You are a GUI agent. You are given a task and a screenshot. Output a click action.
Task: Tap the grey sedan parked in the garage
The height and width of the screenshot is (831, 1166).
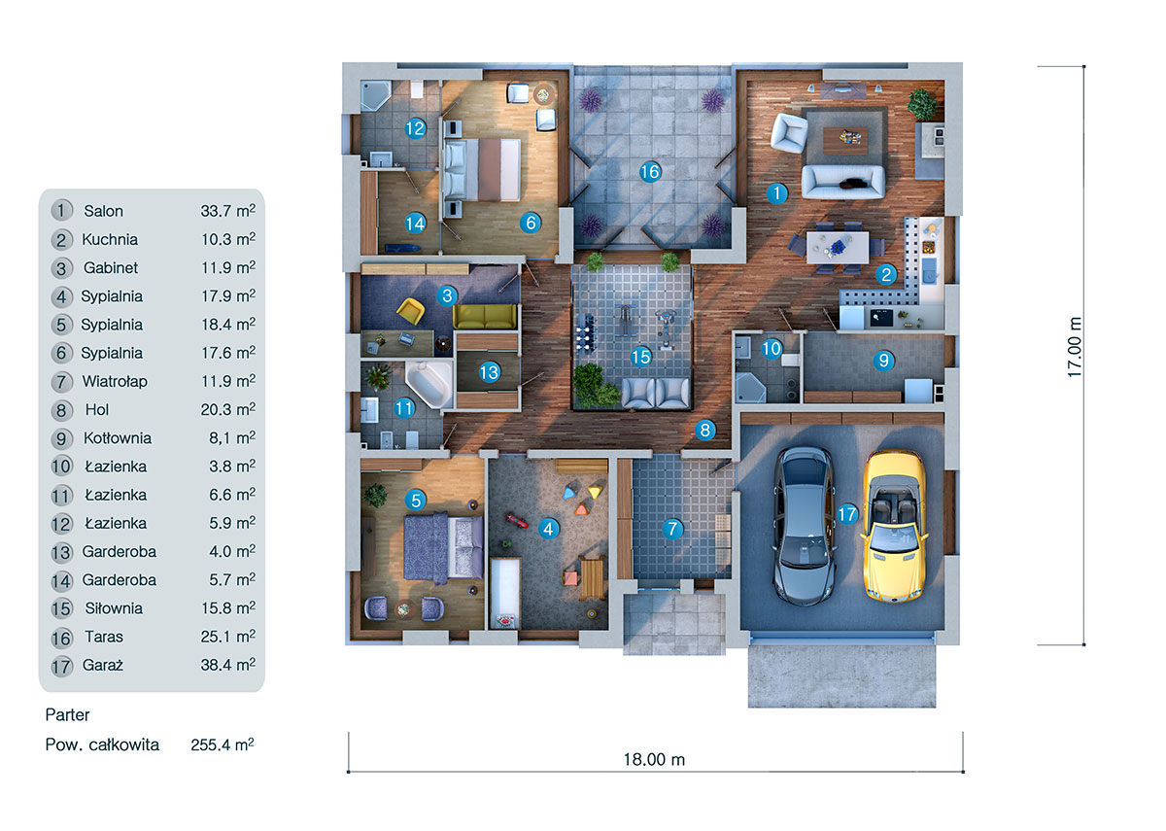coord(804,526)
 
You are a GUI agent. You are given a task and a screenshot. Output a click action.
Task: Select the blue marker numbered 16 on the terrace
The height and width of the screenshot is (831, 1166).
coord(650,172)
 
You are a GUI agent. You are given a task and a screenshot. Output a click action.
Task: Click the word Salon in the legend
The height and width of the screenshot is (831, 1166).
coord(103,211)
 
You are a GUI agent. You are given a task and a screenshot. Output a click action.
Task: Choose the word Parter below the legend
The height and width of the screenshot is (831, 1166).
coord(68,715)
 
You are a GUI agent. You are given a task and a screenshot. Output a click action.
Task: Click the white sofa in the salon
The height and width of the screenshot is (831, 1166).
coord(842,181)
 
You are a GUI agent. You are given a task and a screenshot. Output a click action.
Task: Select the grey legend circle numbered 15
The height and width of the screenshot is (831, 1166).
coord(62,608)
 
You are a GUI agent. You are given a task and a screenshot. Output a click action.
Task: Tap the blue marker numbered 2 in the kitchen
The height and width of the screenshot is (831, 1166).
coord(885,274)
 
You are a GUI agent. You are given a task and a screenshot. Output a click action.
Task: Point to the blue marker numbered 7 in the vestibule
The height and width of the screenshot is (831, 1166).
coord(672,530)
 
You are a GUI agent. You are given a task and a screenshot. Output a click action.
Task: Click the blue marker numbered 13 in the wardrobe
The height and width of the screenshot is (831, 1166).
coord(488,371)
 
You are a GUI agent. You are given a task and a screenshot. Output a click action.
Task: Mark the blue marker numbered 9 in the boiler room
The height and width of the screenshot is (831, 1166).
coord(883,360)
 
